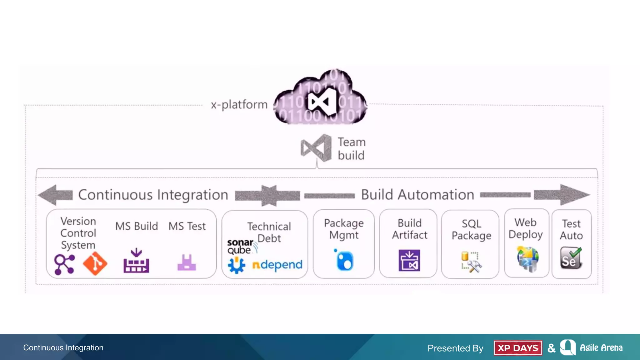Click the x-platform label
point(239,105)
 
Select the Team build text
point(351,149)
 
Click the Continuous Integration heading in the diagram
point(153,195)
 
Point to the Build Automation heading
point(417,195)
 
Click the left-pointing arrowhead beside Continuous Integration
point(52,195)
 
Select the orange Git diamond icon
point(95,263)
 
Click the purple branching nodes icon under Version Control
point(65,264)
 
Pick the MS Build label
point(137,226)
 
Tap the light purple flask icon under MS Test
point(187,263)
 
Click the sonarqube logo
point(241,247)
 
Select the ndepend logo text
point(277,265)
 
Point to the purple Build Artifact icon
point(409,260)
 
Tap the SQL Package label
point(471,230)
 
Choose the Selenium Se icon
point(571,258)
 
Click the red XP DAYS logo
point(518,348)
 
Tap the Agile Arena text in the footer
point(601,348)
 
